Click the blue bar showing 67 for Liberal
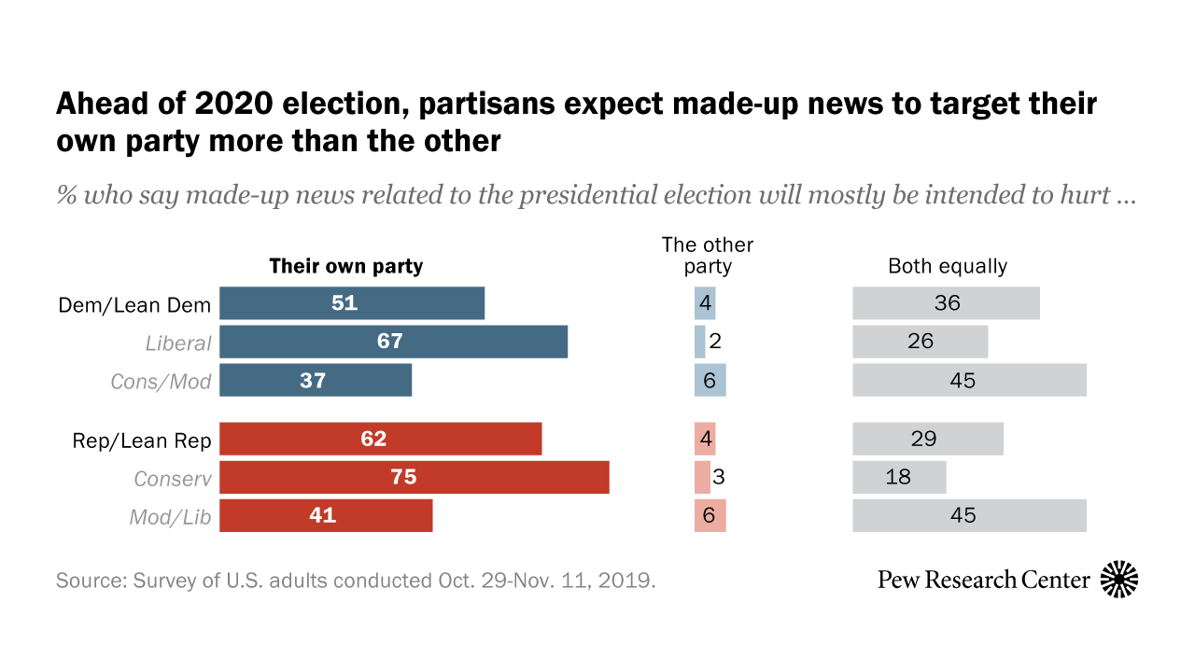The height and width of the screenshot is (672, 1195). [393, 342]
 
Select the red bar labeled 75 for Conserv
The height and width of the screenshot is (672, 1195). [414, 477]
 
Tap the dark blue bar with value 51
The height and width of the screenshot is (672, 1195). [352, 303]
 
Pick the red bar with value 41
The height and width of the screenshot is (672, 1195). [326, 515]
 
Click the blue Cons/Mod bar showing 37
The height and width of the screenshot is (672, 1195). [316, 380]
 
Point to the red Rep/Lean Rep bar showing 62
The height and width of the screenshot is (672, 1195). [380, 439]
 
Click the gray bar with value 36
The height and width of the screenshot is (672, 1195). [946, 303]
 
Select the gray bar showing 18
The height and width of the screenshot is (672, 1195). [899, 477]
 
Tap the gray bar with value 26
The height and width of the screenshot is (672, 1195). [920, 342]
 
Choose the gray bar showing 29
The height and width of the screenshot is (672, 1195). [928, 439]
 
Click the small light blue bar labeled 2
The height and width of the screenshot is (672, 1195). [699, 342]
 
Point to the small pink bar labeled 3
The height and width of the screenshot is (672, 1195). [702, 477]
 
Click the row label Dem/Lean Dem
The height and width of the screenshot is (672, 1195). [135, 305]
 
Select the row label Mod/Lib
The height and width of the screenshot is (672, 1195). [170, 516]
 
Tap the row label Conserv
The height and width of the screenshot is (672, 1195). [173, 478]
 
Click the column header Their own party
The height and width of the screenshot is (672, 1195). [346, 266]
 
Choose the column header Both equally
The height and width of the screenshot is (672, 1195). [948, 266]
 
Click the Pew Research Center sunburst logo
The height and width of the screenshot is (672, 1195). [1119, 580]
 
